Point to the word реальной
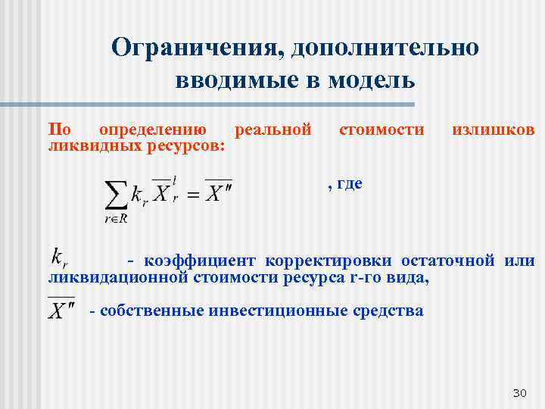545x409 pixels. tap(273, 130)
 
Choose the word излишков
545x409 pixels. tap(493, 130)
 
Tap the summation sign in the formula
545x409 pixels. tap(115, 195)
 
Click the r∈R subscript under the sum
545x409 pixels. tap(115, 220)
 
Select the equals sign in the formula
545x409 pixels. tap(194, 195)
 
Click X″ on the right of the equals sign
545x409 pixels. tap(219, 192)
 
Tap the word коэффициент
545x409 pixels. tap(199, 261)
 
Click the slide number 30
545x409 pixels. tap(519, 392)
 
